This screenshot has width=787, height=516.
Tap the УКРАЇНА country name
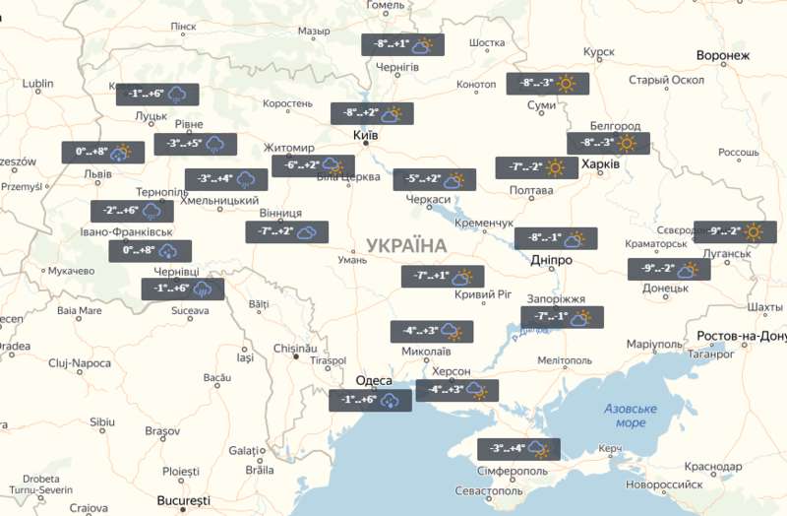405,245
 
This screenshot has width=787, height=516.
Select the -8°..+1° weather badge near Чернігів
403,45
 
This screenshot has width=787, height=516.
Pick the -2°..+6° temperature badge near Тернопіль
133,212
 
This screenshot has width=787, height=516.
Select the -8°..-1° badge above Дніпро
556,238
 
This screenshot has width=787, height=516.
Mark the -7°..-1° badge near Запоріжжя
562,317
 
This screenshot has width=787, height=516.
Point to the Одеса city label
375,381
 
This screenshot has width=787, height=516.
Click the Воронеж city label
722,56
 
